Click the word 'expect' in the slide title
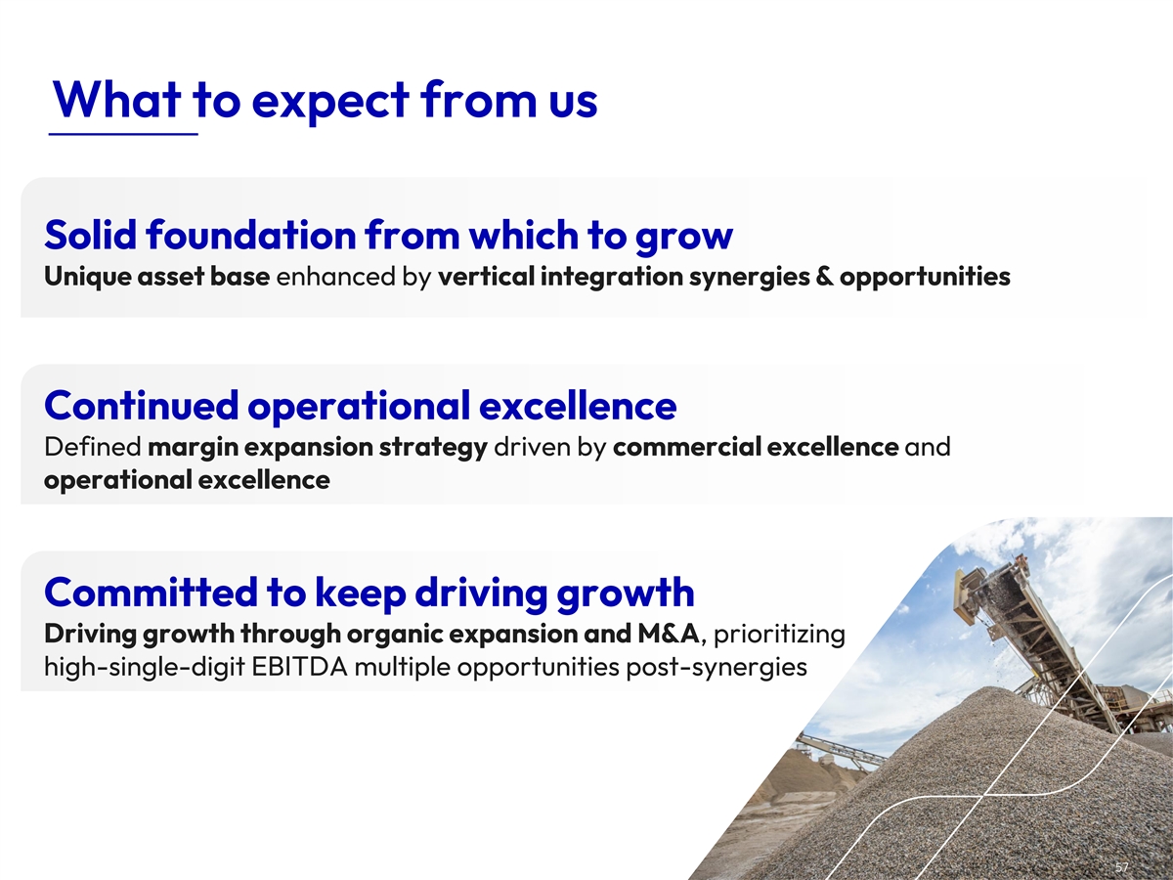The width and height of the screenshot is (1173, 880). click(x=330, y=102)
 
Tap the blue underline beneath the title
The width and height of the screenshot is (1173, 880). click(x=123, y=134)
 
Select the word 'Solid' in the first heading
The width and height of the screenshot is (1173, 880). click(x=90, y=234)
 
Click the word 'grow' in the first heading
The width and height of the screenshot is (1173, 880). click(x=684, y=238)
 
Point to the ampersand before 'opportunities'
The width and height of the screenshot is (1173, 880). click(x=825, y=277)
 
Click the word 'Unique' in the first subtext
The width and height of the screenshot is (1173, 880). click(x=88, y=278)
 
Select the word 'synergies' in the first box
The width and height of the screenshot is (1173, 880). click(x=749, y=278)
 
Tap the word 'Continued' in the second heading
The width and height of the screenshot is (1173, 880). click(x=141, y=405)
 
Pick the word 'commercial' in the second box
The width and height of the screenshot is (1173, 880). click(x=687, y=447)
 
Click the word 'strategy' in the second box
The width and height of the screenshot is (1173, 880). click(x=433, y=448)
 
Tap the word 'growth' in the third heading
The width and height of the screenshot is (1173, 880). click(x=626, y=594)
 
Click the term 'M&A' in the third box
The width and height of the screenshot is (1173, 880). click(x=668, y=635)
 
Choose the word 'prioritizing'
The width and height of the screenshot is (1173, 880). click(x=779, y=636)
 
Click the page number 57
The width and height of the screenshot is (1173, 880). click(x=1121, y=867)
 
